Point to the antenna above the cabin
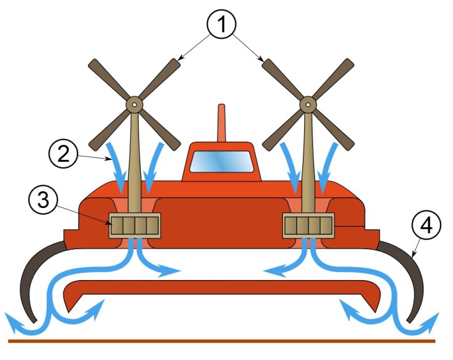point(222,123)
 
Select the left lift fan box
point(135,226)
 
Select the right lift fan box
point(308,226)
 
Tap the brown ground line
point(222,340)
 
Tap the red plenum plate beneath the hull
point(222,289)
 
